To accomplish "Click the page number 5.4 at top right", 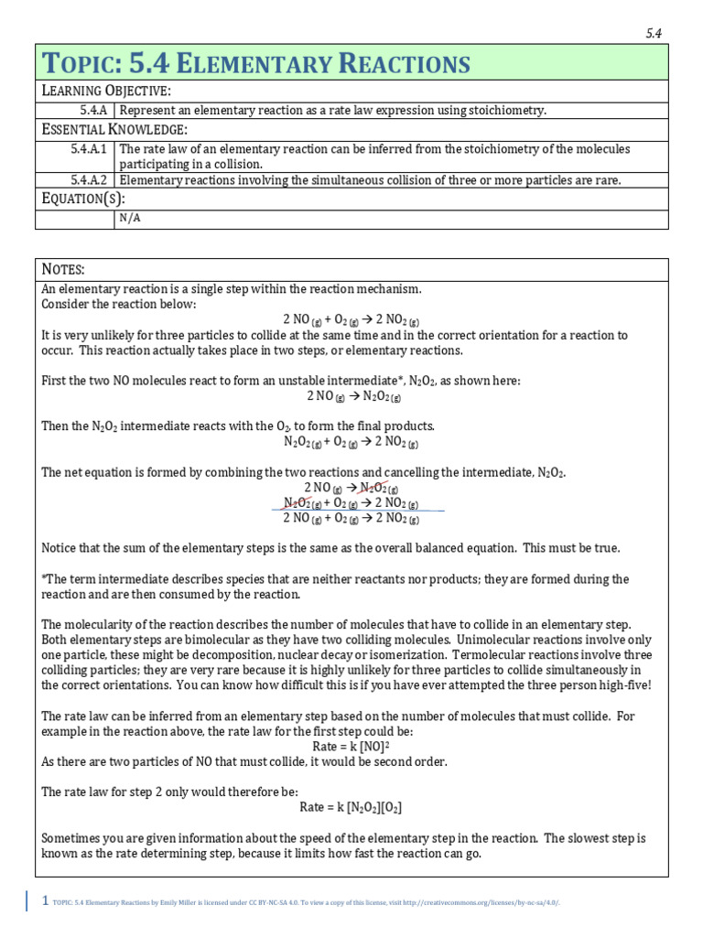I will [x=654, y=34].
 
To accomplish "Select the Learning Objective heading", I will [x=106, y=92].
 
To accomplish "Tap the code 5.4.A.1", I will [x=90, y=148].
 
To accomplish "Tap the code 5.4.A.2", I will [x=90, y=180].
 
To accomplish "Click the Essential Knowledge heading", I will [x=114, y=129].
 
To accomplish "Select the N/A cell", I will [x=129, y=219].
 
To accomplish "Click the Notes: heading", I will [x=64, y=269].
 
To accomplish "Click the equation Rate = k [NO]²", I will [x=351, y=747].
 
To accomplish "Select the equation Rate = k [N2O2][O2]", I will [x=351, y=807].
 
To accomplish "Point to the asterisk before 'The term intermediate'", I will [x=45, y=579].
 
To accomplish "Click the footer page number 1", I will [x=45, y=901].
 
